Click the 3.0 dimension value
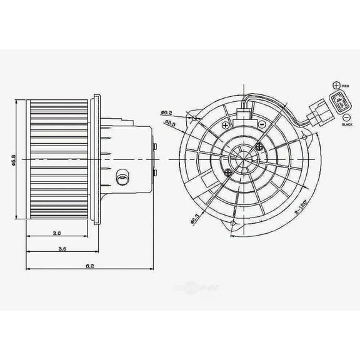click(57, 233)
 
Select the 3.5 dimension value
click(62, 248)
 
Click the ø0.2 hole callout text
click(166, 112)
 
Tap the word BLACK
click(347, 125)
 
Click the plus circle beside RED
click(337, 84)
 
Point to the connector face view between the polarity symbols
click(337, 101)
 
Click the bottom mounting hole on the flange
click(233, 222)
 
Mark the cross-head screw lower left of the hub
click(225, 169)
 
